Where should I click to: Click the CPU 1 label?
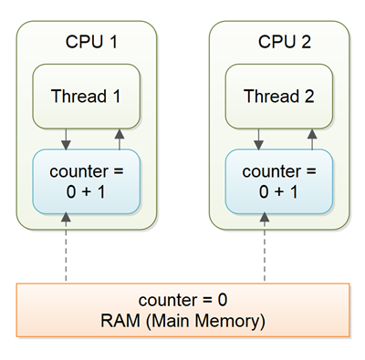click(91, 42)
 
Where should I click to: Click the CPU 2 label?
click(284, 42)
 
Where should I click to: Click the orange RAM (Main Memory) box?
click(182, 310)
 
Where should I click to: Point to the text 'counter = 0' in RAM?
click(182, 301)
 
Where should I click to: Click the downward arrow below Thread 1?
click(65, 139)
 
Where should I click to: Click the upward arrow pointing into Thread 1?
click(118, 139)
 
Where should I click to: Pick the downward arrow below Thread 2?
click(258, 139)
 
